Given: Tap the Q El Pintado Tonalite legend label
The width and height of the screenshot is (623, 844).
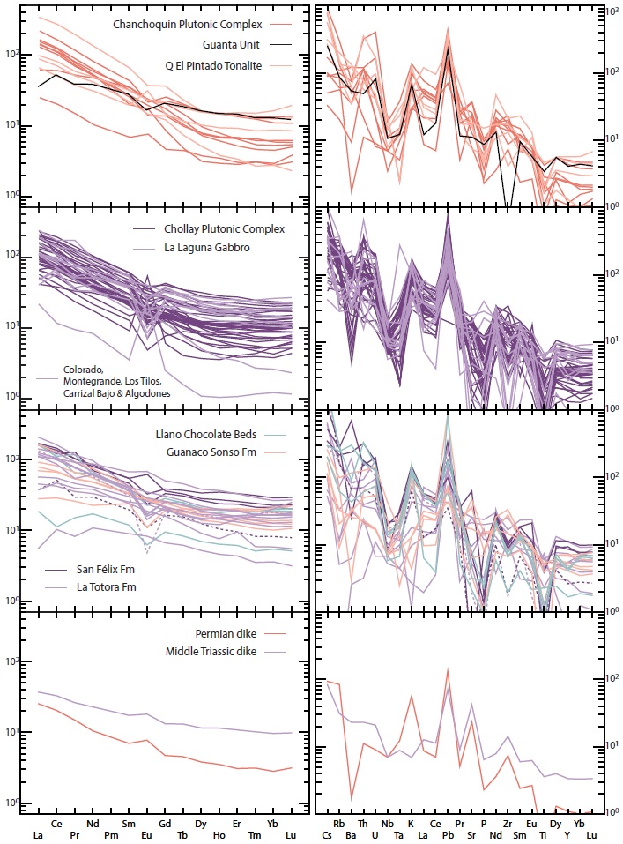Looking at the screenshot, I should [x=201, y=66].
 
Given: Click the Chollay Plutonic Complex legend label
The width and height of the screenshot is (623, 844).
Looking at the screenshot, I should [x=224, y=228].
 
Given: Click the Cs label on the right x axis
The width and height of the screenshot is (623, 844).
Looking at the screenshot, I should [x=327, y=835].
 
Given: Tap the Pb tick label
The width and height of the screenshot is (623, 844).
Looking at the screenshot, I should [x=448, y=835].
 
